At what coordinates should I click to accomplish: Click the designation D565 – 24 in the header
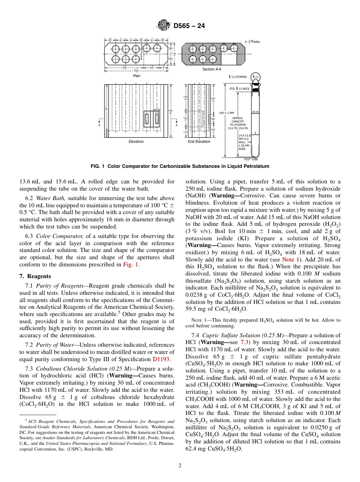pyautogui.click(x=189, y=26)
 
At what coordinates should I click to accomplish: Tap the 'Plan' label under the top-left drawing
pyautogui.click(x=136, y=75)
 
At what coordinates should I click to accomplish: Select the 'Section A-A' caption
pyautogui.click(x=213, y=69)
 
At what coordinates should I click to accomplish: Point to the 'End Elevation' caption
pyautogui.click(x=199, y=142)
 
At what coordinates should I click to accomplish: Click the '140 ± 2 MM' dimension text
pyautogui.click(x=227, y=113)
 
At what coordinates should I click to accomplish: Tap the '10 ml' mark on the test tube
pyautogui.click(x=255, y=112)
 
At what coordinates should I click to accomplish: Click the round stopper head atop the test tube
pyautogui.click(x=256, y=77)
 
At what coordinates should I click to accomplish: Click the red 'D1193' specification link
pyautogui.click(x=161, y=359)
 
